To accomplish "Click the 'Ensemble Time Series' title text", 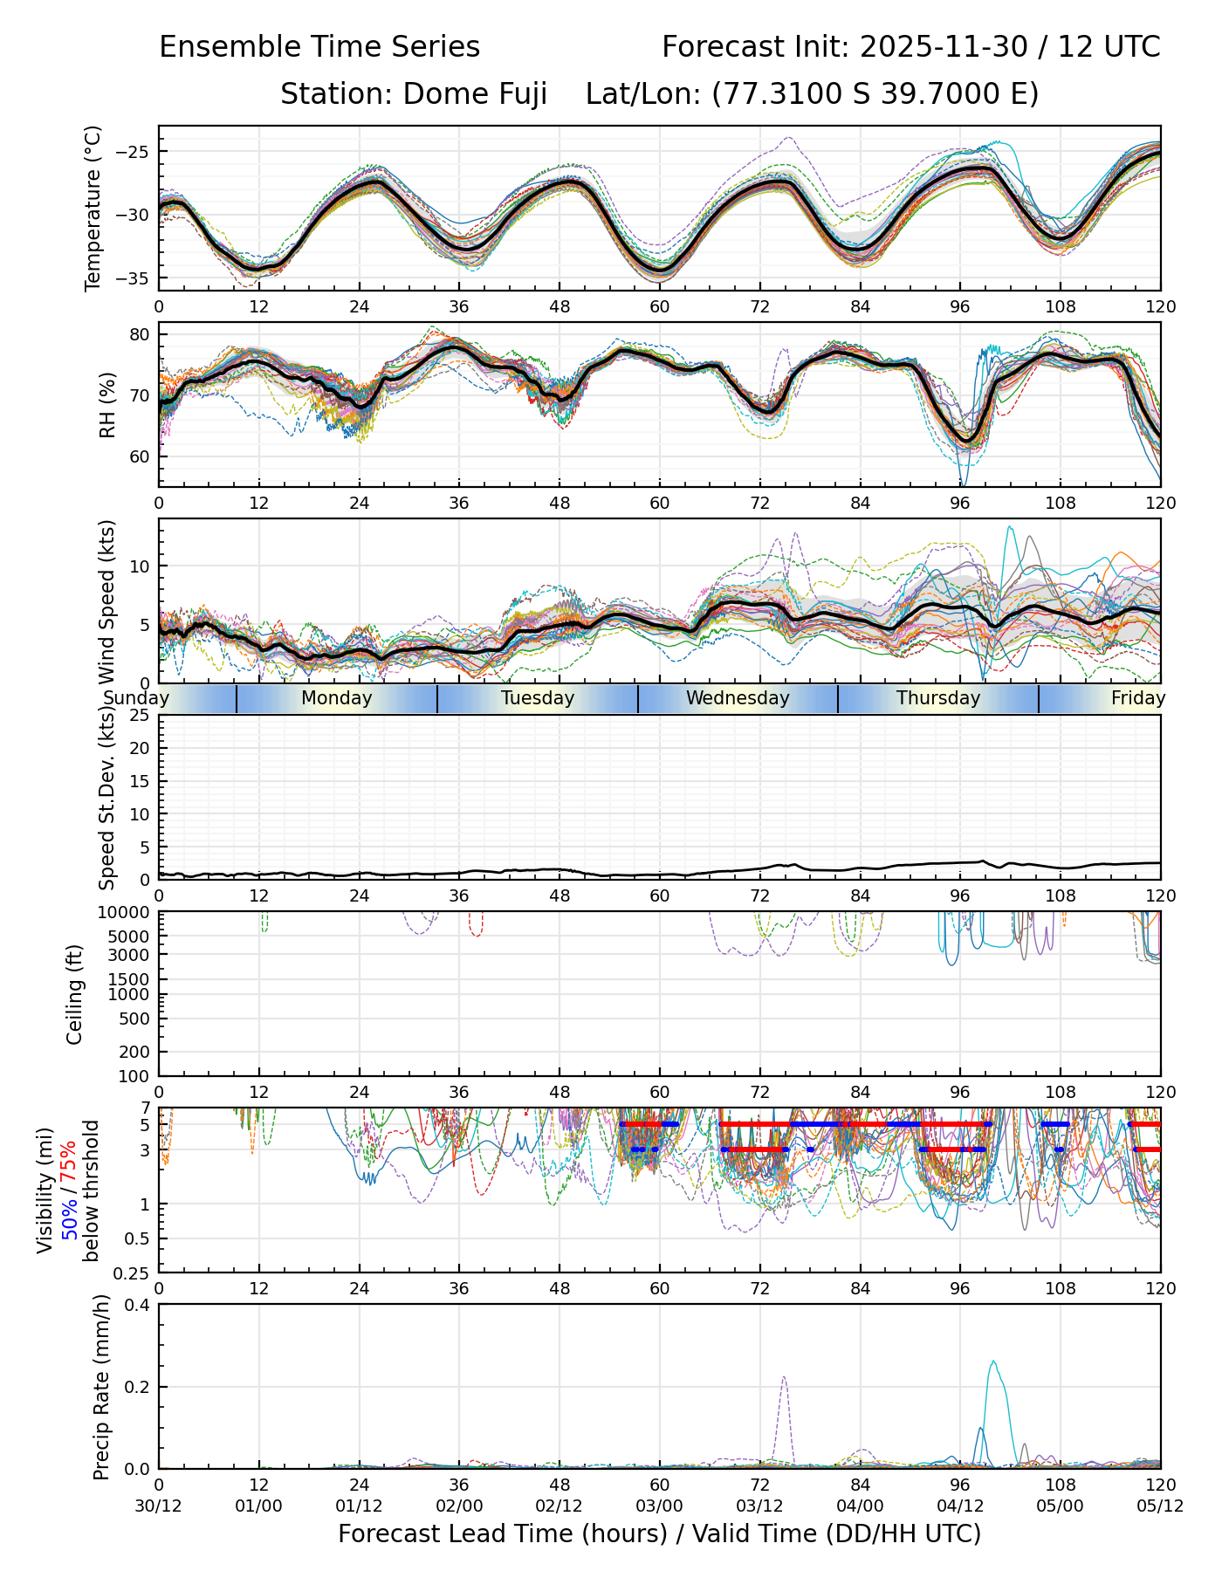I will (319, 47).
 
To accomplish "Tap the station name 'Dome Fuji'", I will (475, 94).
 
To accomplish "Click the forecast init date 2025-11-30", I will (944, 47).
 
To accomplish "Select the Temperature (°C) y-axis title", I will (93, 208).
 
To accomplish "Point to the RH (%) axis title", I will (107, 404).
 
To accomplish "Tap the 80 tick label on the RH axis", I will (141, 334).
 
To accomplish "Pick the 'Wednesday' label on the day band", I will (738, 698).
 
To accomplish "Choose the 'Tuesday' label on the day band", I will (538, 698).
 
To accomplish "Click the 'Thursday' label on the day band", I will (938, 698).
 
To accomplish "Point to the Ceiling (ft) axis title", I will (75, 994).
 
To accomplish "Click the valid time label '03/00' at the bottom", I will (659, 1506).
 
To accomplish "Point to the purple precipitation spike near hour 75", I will (784, 1379).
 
